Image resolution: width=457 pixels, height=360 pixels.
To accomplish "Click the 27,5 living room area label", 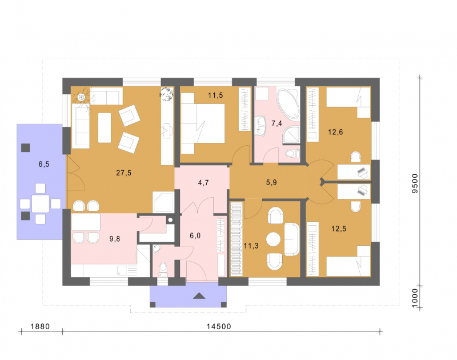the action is coord(123,173).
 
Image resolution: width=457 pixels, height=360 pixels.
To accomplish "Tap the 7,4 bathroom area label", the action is coord(276,123).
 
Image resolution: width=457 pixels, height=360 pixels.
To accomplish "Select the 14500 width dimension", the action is coord(219,326).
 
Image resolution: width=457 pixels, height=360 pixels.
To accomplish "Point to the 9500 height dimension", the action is coord(415,183).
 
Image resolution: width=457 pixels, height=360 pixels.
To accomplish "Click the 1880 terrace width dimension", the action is coord(40,326).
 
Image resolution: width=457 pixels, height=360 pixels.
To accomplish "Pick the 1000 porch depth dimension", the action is coord(415,298).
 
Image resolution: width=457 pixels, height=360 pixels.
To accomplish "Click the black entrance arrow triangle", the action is coord(199,295).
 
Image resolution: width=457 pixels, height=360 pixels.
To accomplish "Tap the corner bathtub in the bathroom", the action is coord(288,103).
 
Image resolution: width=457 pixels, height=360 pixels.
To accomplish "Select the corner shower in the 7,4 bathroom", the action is coord(291,135).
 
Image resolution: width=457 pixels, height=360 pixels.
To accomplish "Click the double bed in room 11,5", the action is coord(203,123).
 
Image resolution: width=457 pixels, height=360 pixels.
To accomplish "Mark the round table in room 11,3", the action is coord(273,239).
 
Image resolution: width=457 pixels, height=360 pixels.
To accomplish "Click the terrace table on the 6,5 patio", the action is coord(40,203).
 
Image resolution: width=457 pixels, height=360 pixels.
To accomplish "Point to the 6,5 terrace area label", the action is coord(44,164).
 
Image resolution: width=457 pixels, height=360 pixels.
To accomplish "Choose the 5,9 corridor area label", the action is coord(271,182).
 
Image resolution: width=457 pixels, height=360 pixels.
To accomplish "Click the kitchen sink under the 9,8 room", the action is coord(122,270).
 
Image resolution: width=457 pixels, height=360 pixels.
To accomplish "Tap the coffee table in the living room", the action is coord(105,127).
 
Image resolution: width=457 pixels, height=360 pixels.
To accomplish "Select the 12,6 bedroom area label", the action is coord(335,132).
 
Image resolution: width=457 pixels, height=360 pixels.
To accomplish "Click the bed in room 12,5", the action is coord(348,261).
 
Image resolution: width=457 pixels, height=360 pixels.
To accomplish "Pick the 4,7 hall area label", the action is coord(203,183).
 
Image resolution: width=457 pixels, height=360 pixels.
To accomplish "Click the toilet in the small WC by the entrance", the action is coord(163,269).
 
